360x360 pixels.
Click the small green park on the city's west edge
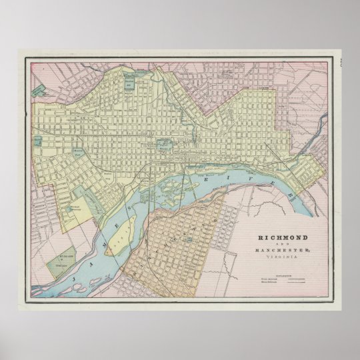click(39, 142)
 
